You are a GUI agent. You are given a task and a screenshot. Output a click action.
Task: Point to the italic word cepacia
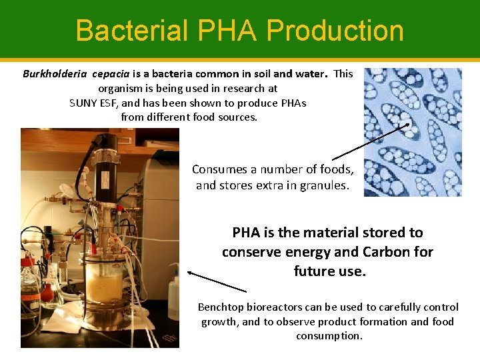coord(113,74)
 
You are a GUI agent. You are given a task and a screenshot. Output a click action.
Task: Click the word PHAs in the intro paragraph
coord(290,103)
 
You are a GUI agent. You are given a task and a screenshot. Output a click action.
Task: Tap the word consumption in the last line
coord(329,335)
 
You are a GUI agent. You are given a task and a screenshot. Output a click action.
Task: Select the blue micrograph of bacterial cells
coord(413,132)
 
